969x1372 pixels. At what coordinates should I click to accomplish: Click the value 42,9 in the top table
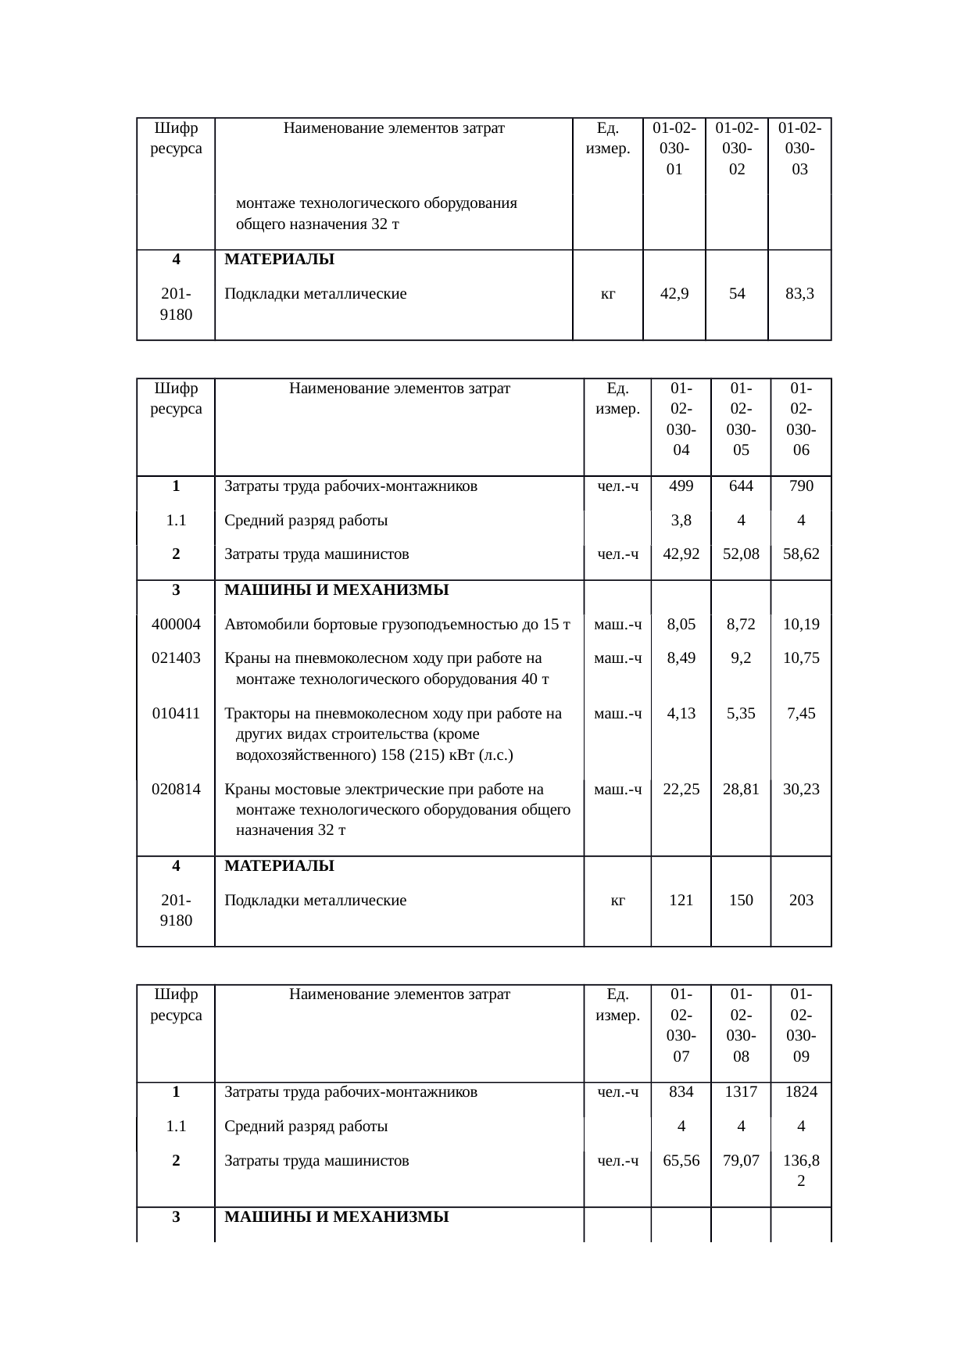click(674, 295)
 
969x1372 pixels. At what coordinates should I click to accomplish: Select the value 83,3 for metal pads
click(799, 295)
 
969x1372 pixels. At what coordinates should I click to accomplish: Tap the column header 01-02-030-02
click(736, 149)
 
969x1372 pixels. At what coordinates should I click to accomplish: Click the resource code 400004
click(176, 625)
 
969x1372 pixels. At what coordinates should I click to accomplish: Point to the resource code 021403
click(176, 658)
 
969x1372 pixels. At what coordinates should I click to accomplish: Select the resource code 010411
click(176, 714)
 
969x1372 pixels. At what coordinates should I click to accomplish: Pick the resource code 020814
click(176, 790)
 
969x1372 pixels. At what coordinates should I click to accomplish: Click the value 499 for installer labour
click(681, 486)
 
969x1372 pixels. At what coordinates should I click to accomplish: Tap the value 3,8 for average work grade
click(681, 521)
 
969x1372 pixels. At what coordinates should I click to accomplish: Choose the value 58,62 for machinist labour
click(801, 555)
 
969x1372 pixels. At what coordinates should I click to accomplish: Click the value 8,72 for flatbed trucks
click(741, 625)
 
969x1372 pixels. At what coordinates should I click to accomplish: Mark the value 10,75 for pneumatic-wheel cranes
click(801, 658)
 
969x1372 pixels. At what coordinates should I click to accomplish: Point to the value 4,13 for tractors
click(681, 714)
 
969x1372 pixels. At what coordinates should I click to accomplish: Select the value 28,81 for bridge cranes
click(741, 790)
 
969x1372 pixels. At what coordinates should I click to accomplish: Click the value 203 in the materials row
click(801, 901)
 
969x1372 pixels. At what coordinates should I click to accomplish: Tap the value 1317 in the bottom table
click(741, 1093)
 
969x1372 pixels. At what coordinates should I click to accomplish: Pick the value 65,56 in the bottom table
click(681, 1162)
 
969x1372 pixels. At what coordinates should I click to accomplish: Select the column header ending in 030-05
click(741, 419)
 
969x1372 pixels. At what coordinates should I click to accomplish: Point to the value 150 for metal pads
click(741, 901)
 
